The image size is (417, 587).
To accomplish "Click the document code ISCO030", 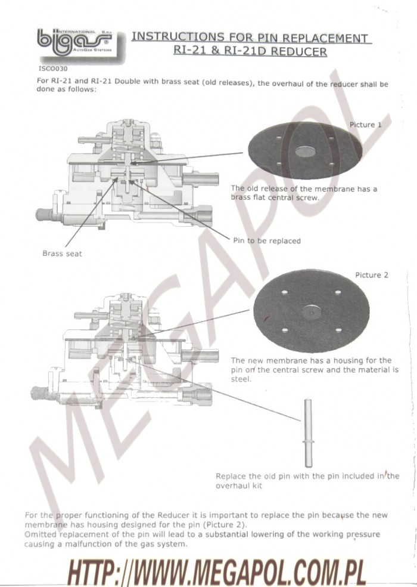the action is [x=53, y=69].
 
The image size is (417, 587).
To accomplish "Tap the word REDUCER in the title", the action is [x=299, y=51].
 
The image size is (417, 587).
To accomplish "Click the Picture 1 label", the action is [x=365, y=125].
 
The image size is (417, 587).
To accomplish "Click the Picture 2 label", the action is [x=371, y=275].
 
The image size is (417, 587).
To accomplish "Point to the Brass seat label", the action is [x=62, y=254].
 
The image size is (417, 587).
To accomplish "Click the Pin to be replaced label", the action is [x=267, y=241].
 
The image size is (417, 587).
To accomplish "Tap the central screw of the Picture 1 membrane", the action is [x=305, y=152].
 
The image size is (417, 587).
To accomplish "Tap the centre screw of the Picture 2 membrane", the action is [x=312, y=311].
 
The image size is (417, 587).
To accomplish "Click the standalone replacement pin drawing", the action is [x=308, y=433].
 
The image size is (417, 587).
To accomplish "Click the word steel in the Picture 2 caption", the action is [x=241, y=379].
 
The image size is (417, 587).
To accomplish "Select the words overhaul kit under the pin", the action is [x=239, y=486].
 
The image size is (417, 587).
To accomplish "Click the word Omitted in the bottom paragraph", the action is [x=41, y=535].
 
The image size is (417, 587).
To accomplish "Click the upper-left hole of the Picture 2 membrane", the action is [x=284, y=292].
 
